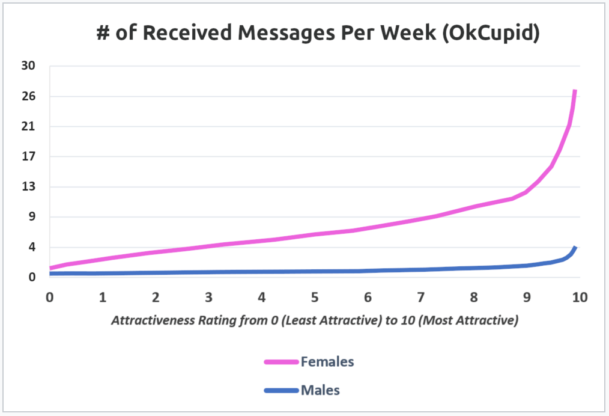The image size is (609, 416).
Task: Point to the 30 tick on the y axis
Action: click(x=29, y=66)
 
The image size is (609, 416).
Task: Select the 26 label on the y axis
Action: click(x=29, y=96)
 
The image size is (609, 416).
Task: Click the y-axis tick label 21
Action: click(x=29, y=126)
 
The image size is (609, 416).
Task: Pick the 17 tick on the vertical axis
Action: click(x=29, y=156)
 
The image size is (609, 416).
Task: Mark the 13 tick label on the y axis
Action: click(x=29, y=186)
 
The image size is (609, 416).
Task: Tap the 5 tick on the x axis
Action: click(x=314, y=296)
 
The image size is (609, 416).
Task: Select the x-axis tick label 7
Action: click(x=420, y=296)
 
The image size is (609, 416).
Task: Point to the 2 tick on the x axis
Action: click(x=156, y=296)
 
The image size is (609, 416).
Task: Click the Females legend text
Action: click(x=327, y=361)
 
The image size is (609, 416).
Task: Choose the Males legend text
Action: click(x=320, y=390)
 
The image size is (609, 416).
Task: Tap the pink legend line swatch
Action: click(x=281, y=362)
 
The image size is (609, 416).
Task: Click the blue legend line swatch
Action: click(x=281, y=391)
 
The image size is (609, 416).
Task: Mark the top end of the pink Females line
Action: click(x=575, y=91)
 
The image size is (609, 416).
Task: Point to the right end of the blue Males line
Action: click(x=575, y=247)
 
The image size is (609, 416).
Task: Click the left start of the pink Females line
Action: click(x=50, y=268)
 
